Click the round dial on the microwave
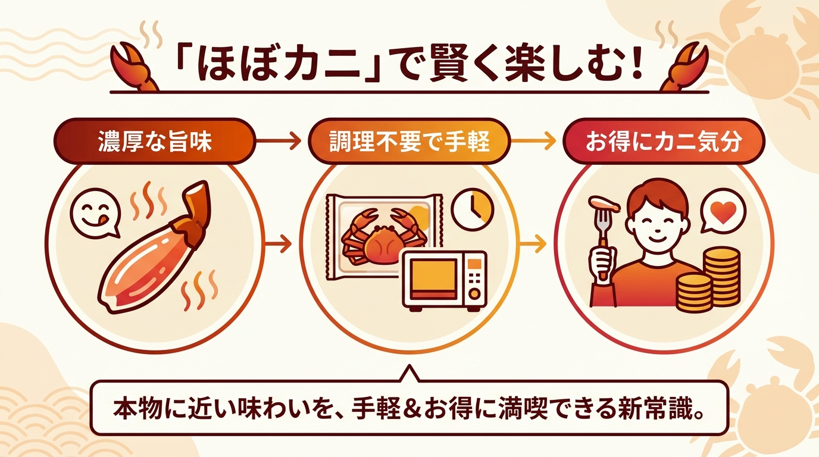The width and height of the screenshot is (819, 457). [474, 293]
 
